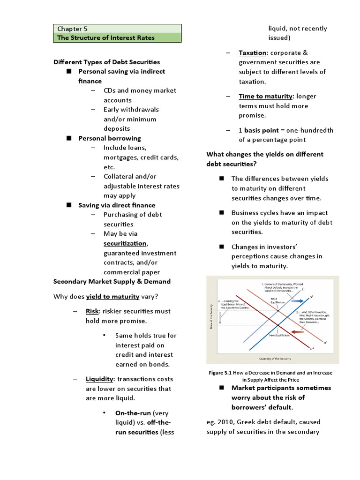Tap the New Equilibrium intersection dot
coord(277,325)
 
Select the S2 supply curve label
coord(312,297)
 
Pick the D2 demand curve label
coord(312,349)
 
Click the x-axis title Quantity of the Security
coord(275,359)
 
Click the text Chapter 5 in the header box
coord(69,29)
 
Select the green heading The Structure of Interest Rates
coord(105,37)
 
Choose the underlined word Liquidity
coord(99,379)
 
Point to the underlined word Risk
coord(92,311)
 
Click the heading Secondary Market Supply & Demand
coord(112,281)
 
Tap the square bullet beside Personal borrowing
coord(68,138)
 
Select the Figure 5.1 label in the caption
coord(221,373)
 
